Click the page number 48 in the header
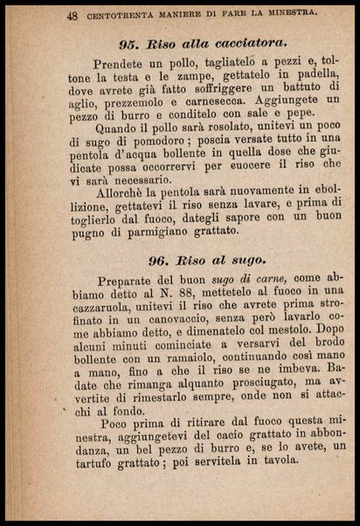[47, 14]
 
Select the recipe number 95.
[128, 44]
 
